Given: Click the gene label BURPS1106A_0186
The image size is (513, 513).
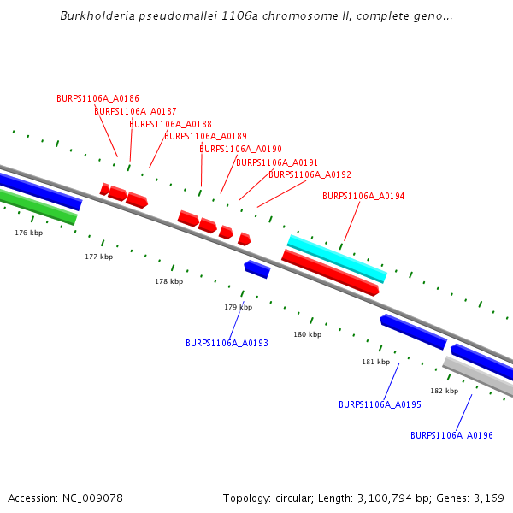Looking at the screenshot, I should (x=97, y=98).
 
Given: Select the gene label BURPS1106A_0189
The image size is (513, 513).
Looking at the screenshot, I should (x=205, y=136).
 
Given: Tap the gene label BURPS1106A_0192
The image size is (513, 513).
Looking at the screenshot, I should (x=310, y=174).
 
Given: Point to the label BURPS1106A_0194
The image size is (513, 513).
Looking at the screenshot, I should (x=363, y=196).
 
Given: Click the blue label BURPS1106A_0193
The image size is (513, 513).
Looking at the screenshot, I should (x=227, y=343).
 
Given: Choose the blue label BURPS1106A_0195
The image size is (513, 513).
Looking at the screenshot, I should (x=380, y=404).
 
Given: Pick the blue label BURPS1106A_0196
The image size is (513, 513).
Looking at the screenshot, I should (x=451, y=435).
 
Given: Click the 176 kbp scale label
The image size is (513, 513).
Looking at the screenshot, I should (x=28, y=233).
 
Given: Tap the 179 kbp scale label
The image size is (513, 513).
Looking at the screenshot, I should (x=239, y=307).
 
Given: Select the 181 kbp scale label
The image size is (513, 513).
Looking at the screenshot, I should (x=375, y=362).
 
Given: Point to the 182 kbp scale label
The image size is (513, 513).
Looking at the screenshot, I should (x=444, y=391).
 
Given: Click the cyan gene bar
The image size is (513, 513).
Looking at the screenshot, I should (x=337, y=258).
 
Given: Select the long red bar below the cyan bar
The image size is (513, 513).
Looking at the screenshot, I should (x=330, y=273).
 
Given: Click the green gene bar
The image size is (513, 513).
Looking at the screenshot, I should (x=38, y=208).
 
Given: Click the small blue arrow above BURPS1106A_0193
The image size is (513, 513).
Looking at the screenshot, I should (x=257, y=269).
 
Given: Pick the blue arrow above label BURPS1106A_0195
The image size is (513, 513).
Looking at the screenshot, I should (x=414, y=332).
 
